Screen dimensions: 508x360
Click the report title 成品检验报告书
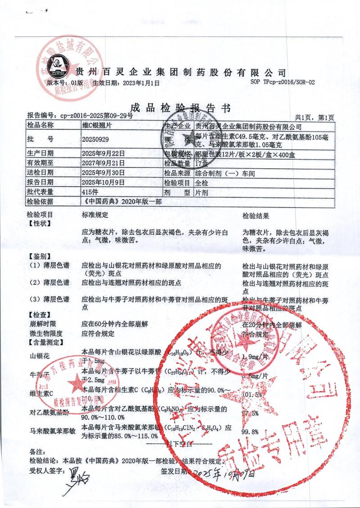[180, 108]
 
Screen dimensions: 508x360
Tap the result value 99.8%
[250, 432]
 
